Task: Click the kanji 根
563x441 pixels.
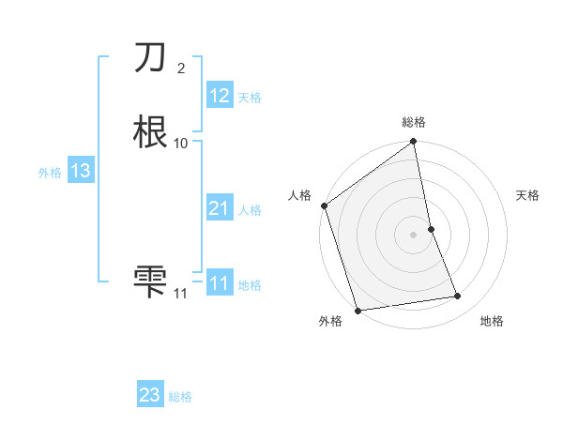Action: (x=151, y=132)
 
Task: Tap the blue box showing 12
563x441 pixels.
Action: (x=220, y=96)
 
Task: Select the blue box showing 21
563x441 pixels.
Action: (x=220, y=208)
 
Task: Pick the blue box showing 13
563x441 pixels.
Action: (x=81, y=171)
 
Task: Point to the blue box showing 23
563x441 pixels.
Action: (x=150, y=395)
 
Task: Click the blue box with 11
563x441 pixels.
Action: (x=220, y=282)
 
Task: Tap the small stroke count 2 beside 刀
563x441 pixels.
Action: (x=180, y=68)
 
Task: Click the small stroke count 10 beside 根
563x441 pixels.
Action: (x=180, y=143)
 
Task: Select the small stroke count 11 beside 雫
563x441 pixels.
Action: (x=180, y=294)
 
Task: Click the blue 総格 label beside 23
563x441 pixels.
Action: (x=180, y=397)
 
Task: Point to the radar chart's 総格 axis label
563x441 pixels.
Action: (x=414, y=122)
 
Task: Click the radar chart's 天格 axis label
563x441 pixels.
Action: (x=528, y=195)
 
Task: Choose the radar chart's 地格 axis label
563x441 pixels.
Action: (x=492, y=321)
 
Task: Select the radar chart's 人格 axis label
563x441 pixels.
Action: (x=299, y=195)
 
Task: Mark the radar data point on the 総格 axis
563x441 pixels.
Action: (x=414, y=143)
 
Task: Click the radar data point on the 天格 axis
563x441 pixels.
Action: (x=431, y=229)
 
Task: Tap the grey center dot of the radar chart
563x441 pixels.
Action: (x=414, y=235)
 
